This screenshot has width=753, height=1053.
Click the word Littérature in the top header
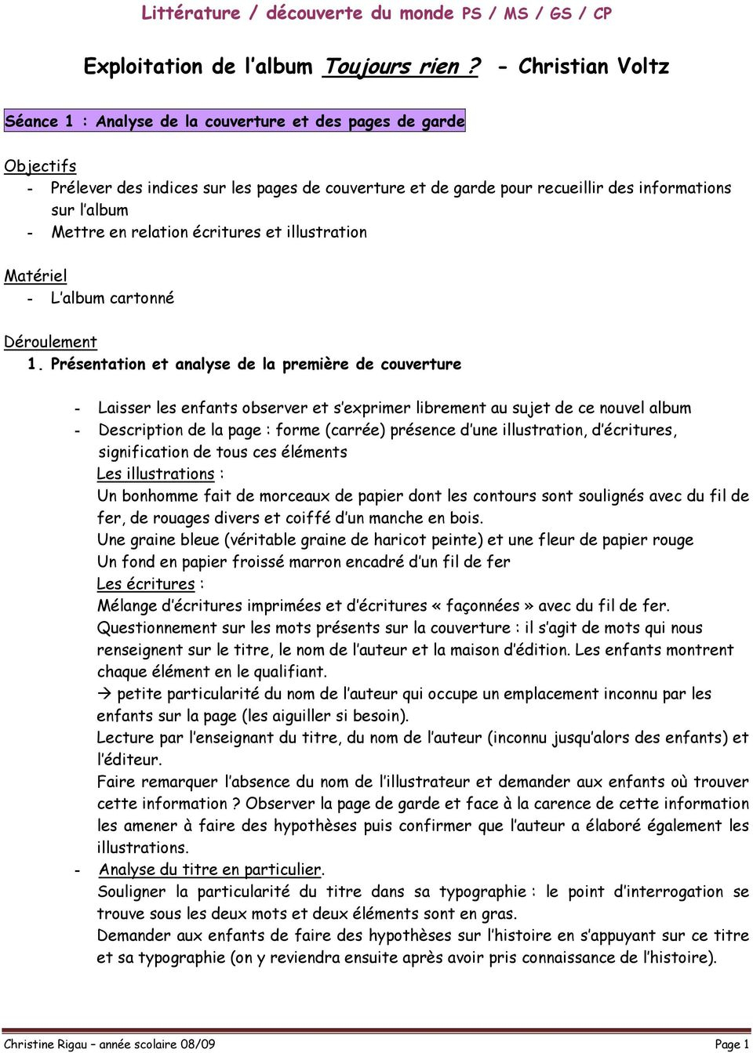(191, 13)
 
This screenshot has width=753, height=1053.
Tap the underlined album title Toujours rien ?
(401, 67)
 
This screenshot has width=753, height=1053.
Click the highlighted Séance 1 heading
(235, 121)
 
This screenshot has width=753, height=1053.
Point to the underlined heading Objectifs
(40, 166)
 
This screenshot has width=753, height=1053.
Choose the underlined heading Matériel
(35, 276)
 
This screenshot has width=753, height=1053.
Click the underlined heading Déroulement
(50, 342)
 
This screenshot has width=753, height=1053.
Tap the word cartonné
(142, 298)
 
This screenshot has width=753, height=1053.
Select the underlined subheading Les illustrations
(155, 474)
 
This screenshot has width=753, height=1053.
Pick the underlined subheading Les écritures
(146, 584)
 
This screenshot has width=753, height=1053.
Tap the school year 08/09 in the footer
(197, 1044)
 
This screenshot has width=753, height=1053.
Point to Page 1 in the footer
(731, 1044)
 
